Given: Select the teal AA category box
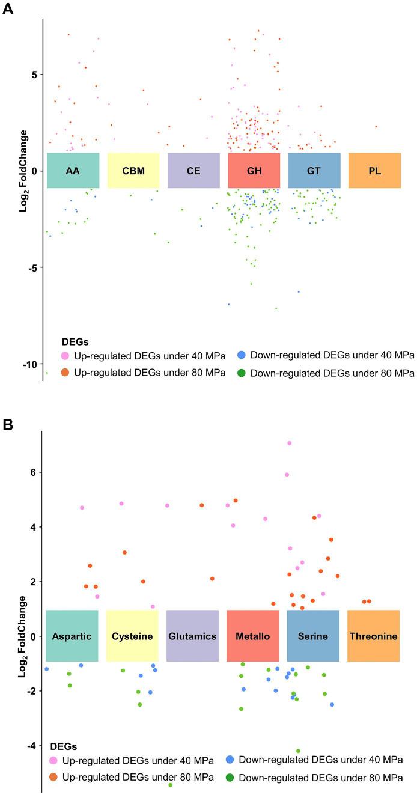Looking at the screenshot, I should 73,171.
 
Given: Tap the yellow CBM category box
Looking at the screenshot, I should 133,171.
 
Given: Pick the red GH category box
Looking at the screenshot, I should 254,171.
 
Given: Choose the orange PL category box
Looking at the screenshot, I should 374,171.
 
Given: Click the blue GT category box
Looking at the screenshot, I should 314,171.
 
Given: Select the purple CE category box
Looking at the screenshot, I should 193,171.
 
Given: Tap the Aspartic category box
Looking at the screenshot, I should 72,636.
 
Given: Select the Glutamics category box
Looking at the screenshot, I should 192,636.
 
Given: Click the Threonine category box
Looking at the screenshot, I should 373,636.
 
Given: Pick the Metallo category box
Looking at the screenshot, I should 252,636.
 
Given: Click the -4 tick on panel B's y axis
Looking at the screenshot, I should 31,746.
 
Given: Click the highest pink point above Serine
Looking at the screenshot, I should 289,443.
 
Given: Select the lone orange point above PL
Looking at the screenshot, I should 376,127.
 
